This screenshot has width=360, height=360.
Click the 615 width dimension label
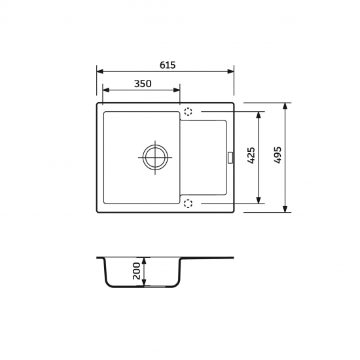pos(168,65)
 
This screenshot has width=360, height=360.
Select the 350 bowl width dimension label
pos(143,84)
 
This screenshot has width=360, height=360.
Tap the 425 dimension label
pos(251,155)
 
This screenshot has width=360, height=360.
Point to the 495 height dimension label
pos(278,155)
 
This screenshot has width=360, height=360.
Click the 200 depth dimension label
pos(137,271)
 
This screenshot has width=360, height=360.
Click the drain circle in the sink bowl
pos(155,158)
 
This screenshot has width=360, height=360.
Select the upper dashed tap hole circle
pos(188,111)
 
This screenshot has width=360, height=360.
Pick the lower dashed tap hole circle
pos(188,204)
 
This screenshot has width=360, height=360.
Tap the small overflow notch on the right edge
pos(230,158)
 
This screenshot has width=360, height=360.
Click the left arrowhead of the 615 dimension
pos(100,71)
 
